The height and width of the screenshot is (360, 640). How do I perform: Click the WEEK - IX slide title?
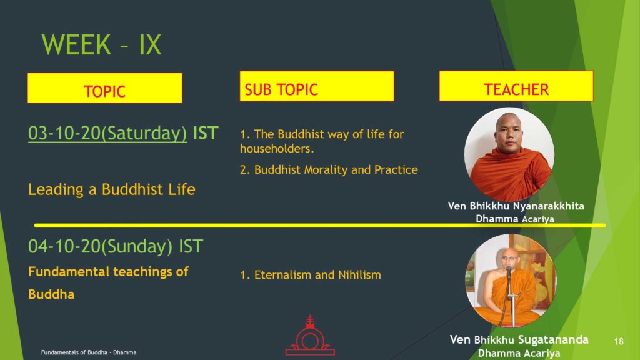pos(101,44)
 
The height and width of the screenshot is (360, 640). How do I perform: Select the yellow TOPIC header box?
pos(105,87)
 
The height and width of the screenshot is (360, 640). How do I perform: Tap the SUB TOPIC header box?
pos(317,86)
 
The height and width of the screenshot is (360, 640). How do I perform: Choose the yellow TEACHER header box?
pos(516,86)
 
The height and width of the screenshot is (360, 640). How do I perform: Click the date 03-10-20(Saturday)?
pos(107,133)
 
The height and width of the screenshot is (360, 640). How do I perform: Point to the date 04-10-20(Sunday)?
pos(101,246)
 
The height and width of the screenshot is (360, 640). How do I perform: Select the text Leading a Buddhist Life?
pos(112,189)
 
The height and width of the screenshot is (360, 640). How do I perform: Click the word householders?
pos(277,149)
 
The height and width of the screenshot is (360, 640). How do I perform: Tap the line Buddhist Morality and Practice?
pos(336,170)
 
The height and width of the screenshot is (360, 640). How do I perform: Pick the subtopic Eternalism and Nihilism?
pos(317,275)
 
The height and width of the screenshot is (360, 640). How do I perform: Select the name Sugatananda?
pos(553,339)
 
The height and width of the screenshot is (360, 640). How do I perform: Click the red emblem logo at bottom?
pos(310,335)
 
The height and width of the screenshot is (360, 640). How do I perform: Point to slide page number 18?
pos(619,341)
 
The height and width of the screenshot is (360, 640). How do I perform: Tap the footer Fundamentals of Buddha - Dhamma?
pos(89,352)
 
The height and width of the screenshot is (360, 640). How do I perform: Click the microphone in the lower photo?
pos(509,271)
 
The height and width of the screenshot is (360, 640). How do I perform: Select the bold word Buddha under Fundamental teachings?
pos(51,294)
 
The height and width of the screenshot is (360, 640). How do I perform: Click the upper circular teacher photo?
pos(509,154)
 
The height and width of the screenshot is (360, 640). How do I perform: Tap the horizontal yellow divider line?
pos(320,225)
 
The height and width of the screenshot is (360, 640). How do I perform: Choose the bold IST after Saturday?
pos(206,133)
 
